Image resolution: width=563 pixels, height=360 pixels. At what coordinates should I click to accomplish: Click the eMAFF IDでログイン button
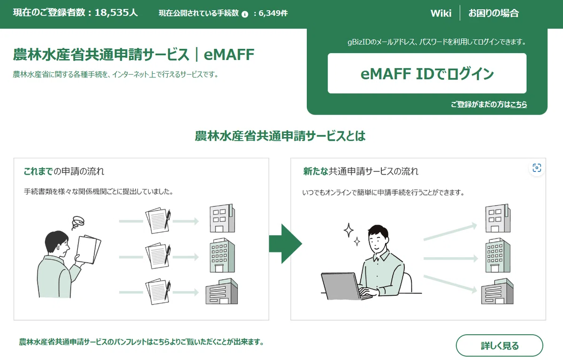click(x=427, y=73)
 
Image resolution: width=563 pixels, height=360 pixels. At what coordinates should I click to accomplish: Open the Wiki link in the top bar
click(x=441, y=13)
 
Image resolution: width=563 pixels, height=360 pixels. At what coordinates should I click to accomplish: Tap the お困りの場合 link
click(x=494, y=13)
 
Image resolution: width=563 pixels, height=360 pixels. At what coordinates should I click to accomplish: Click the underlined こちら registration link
click(x=518, y=104)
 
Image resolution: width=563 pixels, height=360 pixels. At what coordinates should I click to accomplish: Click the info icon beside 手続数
click(x=245, y=15)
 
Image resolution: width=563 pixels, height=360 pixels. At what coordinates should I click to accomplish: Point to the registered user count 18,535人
click(x=116, y=13)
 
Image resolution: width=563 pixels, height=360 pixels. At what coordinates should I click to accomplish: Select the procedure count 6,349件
click(x=273, y=13)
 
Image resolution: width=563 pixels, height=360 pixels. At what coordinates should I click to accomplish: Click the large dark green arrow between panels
click(x=286, y=243)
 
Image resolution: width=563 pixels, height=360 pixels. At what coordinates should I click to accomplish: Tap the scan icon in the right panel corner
click(x=537, y=168)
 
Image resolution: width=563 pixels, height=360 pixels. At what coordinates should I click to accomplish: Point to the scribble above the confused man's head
click(x=78, y=223)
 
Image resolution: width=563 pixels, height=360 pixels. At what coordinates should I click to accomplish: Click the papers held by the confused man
click(x=89, y=249)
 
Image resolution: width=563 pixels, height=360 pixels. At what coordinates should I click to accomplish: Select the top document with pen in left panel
click(x=158, y=220)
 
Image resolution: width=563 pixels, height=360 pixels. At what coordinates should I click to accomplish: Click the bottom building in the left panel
click(x=221, y=291)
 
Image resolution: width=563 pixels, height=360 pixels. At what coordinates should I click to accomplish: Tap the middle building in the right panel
click(x=498, y=255)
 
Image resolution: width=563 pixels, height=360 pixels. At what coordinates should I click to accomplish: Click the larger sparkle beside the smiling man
click(x=349, y=230)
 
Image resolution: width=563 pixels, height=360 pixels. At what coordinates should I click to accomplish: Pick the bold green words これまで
click(x=38, y=171)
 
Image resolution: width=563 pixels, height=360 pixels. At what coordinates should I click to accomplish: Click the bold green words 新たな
click(x=316, y=171)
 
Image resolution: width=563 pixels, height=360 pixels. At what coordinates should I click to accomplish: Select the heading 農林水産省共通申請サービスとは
click(x=280, y=136)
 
